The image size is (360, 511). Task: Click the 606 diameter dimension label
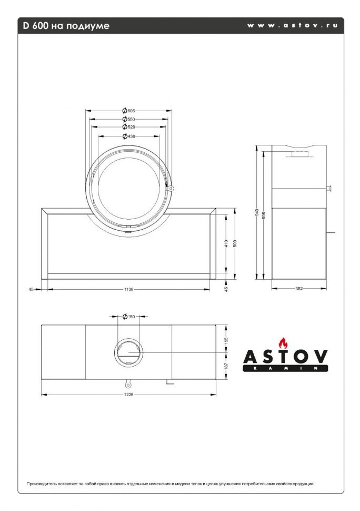129,111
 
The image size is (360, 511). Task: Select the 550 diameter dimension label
129,119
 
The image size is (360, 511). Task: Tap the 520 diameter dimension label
129,127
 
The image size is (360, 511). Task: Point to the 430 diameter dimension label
129,136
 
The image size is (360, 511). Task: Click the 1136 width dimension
128,289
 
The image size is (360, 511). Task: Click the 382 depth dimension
299,288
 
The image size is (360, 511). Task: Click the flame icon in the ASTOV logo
284,342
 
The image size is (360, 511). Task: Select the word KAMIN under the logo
285,369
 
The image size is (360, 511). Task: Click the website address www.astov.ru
292,25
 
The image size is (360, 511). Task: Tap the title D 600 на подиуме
66,25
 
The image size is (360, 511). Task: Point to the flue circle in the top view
128,352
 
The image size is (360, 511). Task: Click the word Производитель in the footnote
42,483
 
